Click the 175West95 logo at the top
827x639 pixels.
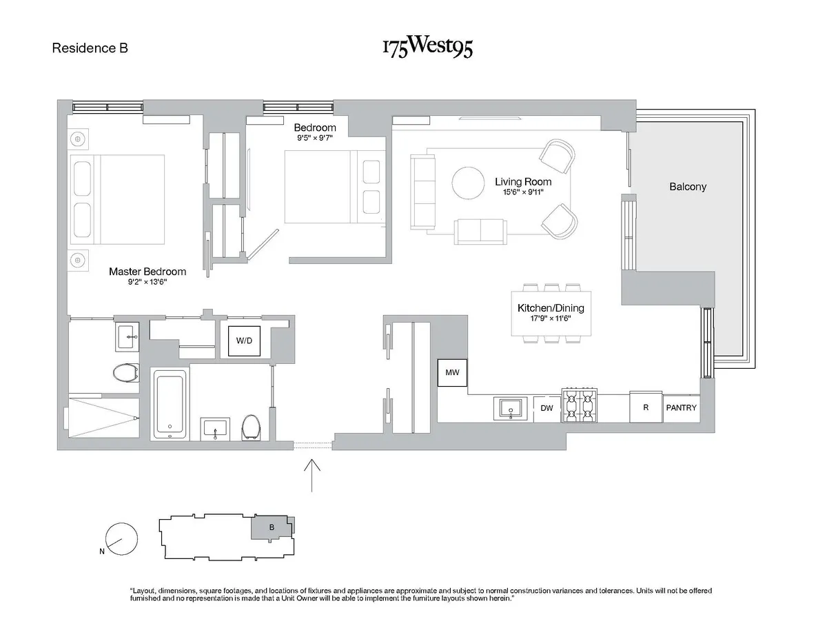pos(427,48)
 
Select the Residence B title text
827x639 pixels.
pos(90,48)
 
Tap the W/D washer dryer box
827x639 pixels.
pos(244,340)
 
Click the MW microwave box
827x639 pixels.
pos(452,373)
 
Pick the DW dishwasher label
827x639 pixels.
pos(547,408)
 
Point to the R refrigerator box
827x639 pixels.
pos(646,407)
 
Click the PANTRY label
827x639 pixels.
pos(681,408)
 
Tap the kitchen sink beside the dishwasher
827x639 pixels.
pos(511,407)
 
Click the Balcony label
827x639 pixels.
pos(688,187)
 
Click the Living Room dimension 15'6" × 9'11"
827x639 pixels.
pos(523,192)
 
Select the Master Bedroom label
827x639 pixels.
pos(147,272)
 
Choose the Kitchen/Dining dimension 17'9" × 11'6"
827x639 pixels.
pos(550,319)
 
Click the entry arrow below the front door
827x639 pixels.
pos(313,475)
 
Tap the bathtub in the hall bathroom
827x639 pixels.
pos(170,403)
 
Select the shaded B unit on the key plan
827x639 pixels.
pos(272,528)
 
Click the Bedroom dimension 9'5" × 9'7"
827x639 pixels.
pos(315,137)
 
